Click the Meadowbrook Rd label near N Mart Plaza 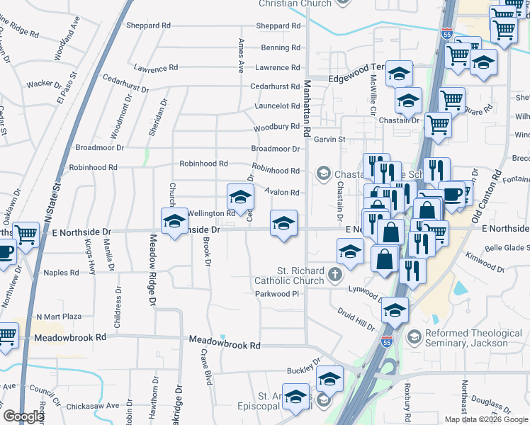(x=69, y=338)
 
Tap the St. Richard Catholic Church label (x=299, y=276)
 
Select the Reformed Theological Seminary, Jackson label (x=473, y=338)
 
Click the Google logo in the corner (x=23, y=416)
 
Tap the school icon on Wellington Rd (x=240, y=198)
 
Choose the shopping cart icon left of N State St (x=26, y=234)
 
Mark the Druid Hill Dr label (x=356, y=317)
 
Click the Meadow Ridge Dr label (x=152, y=270)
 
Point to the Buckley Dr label (x=304, y=370)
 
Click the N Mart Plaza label (x=59, y=317)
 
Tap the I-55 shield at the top (x=446, y=33)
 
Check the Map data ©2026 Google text (x=485, y=419)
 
